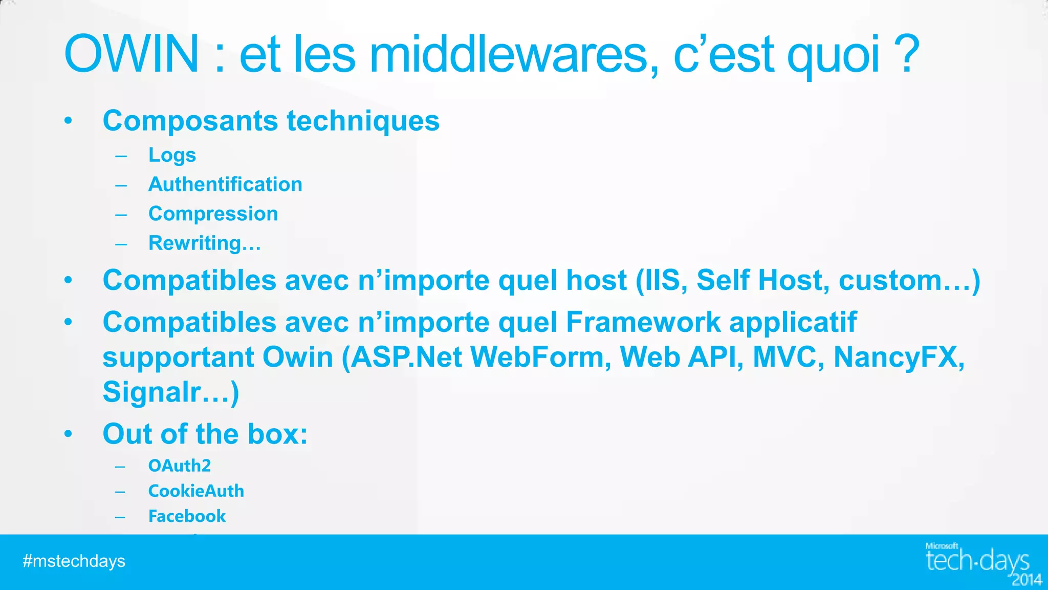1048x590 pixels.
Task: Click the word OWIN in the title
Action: pyautogui.click(x=132, y=54)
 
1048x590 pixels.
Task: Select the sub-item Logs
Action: pyautogui.click(x=172, y=155)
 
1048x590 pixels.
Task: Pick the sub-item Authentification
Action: pyautogui.click(x=225, y=184)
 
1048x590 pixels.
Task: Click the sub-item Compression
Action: pyautogui.click(x=213, y=214)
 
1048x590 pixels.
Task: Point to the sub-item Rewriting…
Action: pyautogui.click(x=204, y=243)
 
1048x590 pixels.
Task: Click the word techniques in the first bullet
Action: pyautogui.click(x=363, y=121)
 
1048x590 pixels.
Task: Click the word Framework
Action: pyautogui.click(x=643, y=322)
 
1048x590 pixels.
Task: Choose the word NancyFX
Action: pyautogui.click(x=898, y=357)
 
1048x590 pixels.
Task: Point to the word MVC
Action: pyautogui.click(x=788, y=357)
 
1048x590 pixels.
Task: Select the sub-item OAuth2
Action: pyautogui.click(x=179, y=466)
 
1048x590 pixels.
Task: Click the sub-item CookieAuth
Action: pyautogui.click(x=196, y=491)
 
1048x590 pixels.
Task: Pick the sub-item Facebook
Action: pyautogui.click(x=187, y=516)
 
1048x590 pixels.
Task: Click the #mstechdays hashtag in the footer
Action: pyautogui.click(x=74, y=561)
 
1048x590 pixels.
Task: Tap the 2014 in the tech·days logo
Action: pyautogui.click(x=1027, y=580)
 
